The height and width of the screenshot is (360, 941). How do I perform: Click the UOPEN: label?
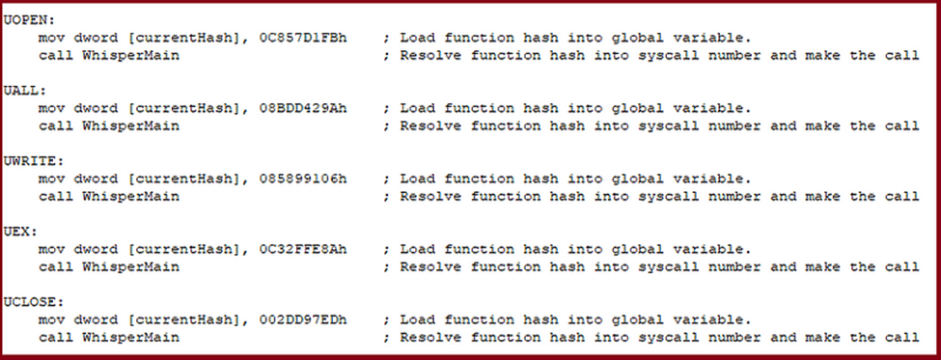tap(29, 20)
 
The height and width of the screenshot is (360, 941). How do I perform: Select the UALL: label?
tap(24, 91)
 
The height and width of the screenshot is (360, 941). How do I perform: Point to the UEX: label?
tap(20, 232)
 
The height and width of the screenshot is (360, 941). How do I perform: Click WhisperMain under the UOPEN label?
tap(131, 56)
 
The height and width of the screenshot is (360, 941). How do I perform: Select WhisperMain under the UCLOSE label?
tap(131, 337)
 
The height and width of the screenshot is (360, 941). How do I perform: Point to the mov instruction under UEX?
tap(51, 249)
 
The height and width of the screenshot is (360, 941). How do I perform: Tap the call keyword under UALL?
tap(56, 126)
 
